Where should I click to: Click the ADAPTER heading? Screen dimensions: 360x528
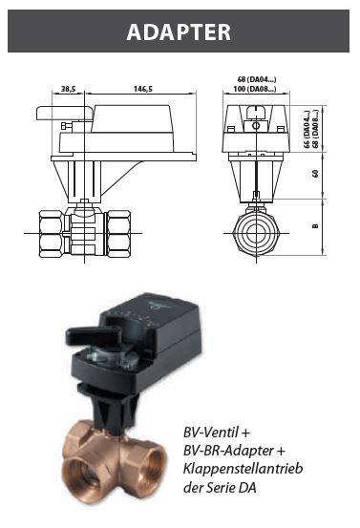(179, 32)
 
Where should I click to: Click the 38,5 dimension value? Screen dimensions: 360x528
(68, 89)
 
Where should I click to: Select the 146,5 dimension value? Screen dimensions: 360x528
(143, 89)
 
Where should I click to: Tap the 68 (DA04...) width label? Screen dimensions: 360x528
(257, 79)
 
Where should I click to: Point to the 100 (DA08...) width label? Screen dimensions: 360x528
(255, 89)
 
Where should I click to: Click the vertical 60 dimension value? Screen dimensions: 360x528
(315, 174)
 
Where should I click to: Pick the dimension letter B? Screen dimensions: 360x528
(315, 226)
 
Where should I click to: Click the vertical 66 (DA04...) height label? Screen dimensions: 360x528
(307, 128)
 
